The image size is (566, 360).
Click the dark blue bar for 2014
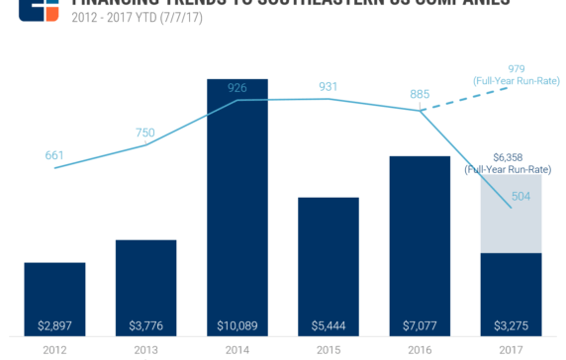point(236,198)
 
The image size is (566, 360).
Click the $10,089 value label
point(236,325)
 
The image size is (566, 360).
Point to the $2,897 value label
point(54,325)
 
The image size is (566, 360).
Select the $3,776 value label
point(145,325)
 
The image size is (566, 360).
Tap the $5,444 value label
point(329,325)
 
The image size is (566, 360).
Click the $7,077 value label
point(420,325)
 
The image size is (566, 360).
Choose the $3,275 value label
point(512,325)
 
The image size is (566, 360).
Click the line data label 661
point(54,155)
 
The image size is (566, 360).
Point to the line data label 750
point(145,134)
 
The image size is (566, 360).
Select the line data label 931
point(329,87)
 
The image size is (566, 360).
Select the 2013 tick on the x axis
point(145,349)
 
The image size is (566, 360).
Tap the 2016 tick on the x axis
point(420,349)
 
